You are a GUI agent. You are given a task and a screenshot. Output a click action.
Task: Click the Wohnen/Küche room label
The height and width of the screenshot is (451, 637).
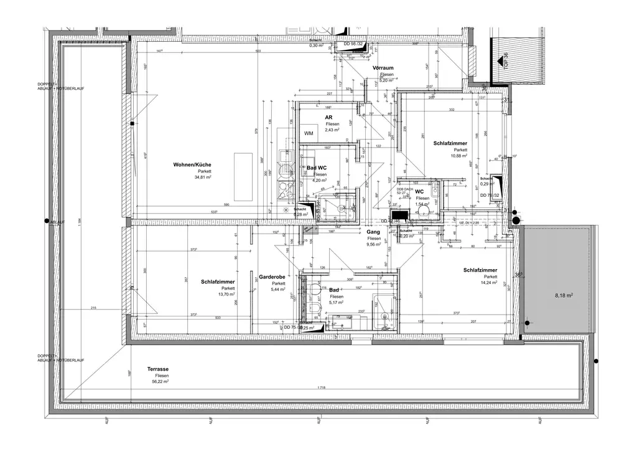click(x=193, y=164)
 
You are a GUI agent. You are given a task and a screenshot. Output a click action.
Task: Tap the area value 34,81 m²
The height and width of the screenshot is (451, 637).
click(x=203, y=177)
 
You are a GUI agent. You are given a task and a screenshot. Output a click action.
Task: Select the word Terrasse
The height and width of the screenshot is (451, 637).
click(x=158, y=369)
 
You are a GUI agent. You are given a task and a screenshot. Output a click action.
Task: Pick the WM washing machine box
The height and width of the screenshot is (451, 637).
click(x=309, y=134)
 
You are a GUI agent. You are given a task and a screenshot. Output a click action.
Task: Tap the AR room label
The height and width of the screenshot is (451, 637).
click(x=328, y=117)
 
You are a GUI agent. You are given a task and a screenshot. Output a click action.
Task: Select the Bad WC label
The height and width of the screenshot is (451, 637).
click(x=317, y=168)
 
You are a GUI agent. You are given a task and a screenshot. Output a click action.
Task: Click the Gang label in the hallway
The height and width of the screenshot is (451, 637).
click(x=373, y=232)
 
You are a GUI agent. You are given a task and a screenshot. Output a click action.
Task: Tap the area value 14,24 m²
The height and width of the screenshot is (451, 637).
click(x=490, y=282)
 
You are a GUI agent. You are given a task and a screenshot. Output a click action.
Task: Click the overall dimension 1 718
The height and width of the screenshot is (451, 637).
click(x=322, y=387)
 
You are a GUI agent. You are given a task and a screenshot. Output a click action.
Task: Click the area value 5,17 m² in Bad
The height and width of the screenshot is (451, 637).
click(x=337, y=303)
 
